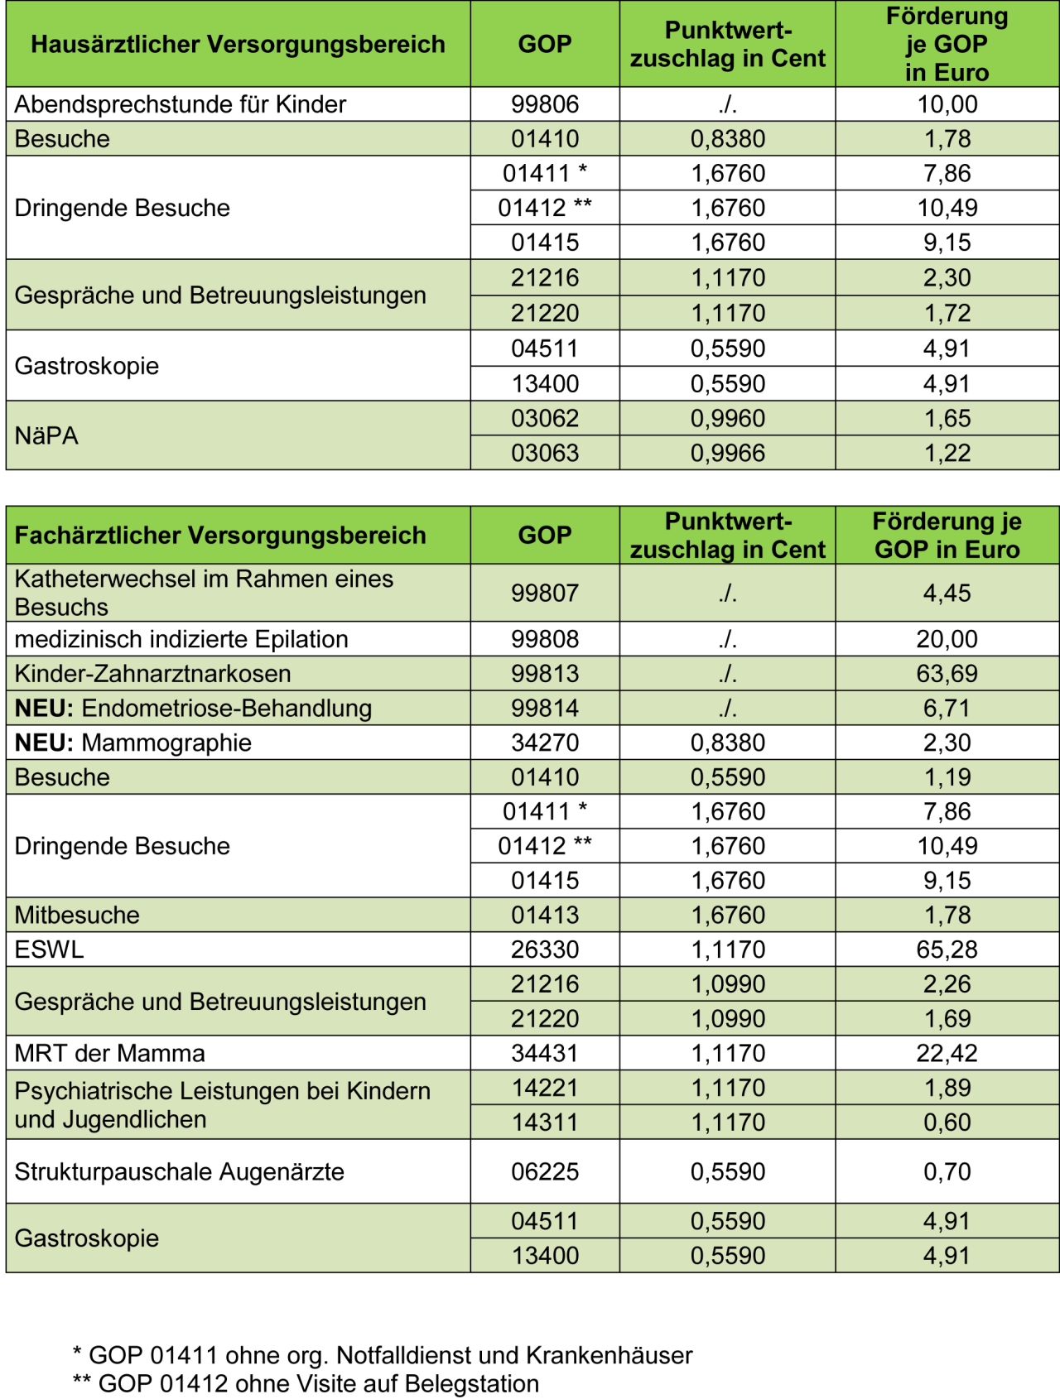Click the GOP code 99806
544,104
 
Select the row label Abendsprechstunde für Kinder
180,104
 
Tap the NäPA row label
46,435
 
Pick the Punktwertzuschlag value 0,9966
727,453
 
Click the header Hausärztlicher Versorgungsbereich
238,44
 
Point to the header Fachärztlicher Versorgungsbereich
220,536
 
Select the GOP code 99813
544,674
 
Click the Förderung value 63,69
947,674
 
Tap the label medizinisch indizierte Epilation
181,639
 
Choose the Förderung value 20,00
947,639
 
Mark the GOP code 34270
544,743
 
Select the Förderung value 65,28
947,949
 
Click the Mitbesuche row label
77,915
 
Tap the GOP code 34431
544,1053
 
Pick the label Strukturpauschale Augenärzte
179,1171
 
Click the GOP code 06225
544,1171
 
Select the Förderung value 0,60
947,1123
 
